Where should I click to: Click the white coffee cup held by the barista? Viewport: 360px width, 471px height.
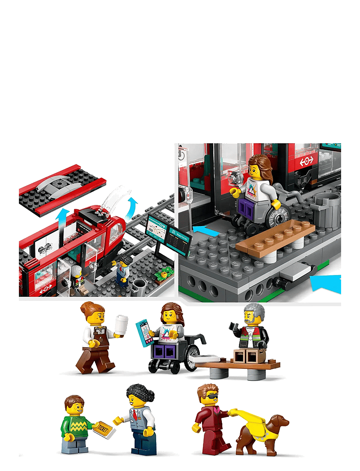pyautogui.click(x=121, y=325)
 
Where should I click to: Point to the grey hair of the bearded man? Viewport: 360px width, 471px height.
pyautogui.click(x=255, y=311)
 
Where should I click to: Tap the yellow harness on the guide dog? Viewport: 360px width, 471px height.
pyautogui.click(x=252, y=420)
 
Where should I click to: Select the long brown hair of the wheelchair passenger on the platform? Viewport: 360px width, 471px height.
pyautogui.click(x=261, y=168)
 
